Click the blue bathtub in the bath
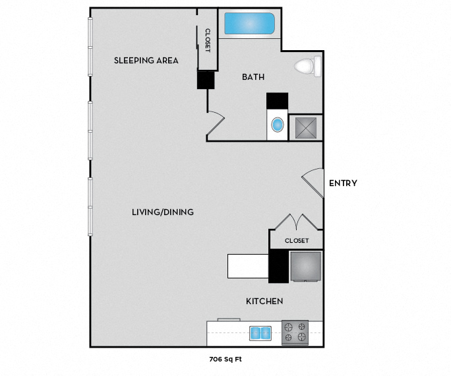coord(249,23)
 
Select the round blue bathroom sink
coord(278,125)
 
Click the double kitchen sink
coord(260,333)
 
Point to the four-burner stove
coord(295,332)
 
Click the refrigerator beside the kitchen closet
coord(305,266)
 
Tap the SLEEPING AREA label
coord(146,61)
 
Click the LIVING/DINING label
coord(162,212)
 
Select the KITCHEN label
coord(264,301)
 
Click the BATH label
coord(253,77)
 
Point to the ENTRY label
coord(343,183)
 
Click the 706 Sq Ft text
coord(225,360)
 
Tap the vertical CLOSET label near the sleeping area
coord(208,40)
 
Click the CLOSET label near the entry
coord(297,241)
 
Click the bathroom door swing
coord(219,118)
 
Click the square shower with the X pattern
coord(306,128)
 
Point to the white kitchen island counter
coord(248,266)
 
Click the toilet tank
coord(318,67)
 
